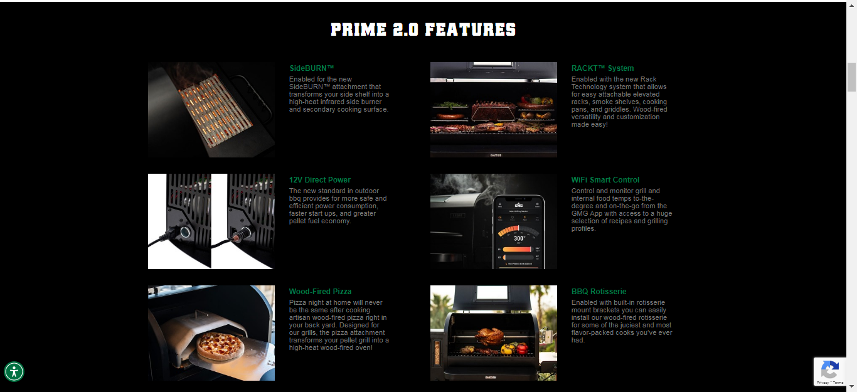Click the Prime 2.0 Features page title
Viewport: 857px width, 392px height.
click(423, 29)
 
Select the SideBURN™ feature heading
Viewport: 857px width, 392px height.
click(311, 68)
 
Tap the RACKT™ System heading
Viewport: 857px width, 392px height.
click(602, 68)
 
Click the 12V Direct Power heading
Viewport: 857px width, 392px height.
click(320, 180)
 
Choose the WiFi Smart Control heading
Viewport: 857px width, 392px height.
click(605, 180)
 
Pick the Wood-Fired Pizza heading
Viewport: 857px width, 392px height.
click(320, 292)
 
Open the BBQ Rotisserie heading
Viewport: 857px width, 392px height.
click(599, 292)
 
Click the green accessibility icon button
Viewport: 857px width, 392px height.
click(14, 372)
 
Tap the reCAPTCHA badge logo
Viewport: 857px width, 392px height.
click(830, 370)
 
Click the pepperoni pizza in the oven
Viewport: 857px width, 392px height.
click(220, 346)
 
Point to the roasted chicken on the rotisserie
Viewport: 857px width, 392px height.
click(489, 336)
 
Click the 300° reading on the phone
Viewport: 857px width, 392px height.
click(519, 238)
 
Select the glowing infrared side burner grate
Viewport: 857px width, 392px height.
click(216, 111)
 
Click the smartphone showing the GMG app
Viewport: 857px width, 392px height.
click(518, 232)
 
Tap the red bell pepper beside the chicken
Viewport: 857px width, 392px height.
click(522, 348)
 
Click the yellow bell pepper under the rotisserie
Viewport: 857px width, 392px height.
click(507, 349)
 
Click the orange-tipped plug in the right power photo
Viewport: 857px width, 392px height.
click(237, 238)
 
